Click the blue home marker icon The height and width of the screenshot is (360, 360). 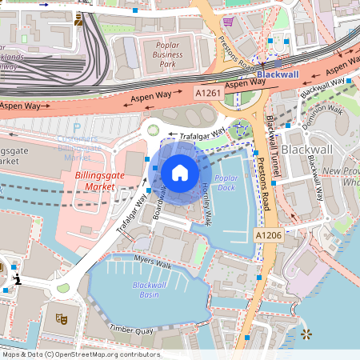pos(180,172)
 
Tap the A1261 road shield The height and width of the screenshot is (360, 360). pos(209,93)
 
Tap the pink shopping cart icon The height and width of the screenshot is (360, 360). pos(228,22)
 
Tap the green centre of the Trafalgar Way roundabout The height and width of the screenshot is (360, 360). pos(154,130)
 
